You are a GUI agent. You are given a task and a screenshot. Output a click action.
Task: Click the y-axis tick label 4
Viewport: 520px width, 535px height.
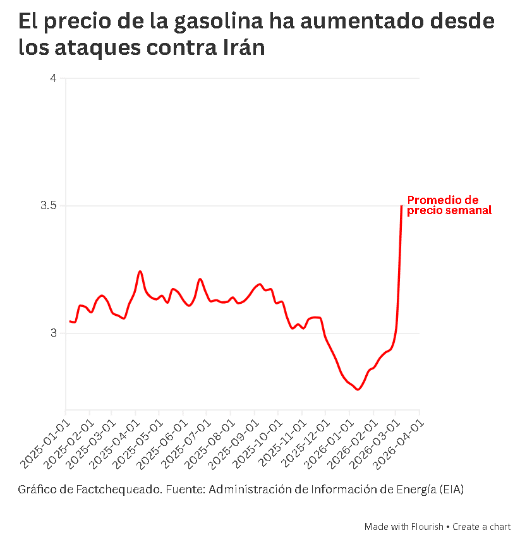click(x=53, y=78)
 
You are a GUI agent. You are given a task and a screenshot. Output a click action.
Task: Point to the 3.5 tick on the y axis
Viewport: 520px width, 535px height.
click(x=49, y=206)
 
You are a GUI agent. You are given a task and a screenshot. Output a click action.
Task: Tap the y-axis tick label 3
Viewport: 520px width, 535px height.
click(x=53, y=333)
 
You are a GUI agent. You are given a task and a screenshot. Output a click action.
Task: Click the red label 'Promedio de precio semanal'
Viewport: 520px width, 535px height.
click(x=449, y=205)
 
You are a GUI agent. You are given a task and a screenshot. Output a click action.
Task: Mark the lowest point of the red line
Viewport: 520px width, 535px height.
click(x=358, y=390)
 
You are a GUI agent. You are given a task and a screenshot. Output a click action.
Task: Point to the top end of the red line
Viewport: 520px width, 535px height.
click(x=402, y=206)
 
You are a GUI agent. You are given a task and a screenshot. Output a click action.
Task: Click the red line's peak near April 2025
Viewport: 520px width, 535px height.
click(x=140, y=271)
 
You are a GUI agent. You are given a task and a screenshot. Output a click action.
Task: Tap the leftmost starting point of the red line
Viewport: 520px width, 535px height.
click(x=70, y=321)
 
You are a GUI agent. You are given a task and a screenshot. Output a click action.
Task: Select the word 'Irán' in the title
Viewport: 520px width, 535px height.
click(x=243, y=47)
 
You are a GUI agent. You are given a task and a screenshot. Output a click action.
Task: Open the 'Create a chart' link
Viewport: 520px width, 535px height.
click(x=481, y=527)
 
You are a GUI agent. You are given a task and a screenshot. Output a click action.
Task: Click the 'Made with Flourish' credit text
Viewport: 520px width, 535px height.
click(x=404, y=527)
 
